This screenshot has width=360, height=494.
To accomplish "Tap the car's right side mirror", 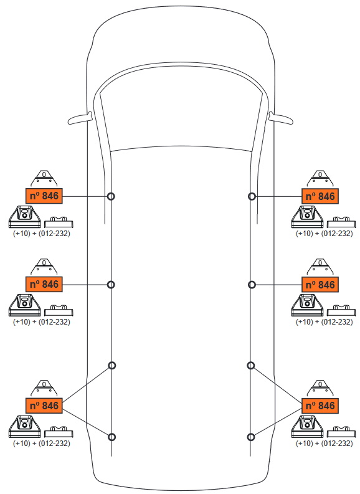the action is tap(281, 118).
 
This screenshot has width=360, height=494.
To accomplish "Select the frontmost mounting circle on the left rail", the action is tap(111, 196).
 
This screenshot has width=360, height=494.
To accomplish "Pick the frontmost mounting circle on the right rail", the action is tap(252, 196).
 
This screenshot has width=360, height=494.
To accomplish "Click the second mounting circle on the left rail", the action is tap(111, 285).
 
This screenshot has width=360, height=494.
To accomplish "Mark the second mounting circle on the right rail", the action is tap(252, 285).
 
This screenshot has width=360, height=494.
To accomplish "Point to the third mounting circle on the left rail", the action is tap(112, 365).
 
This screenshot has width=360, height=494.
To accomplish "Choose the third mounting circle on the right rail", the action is tap(251, 365).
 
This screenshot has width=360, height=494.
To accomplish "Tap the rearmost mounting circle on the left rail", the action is tap(112, 437).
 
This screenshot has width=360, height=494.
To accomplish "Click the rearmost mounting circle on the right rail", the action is tap(251, 437).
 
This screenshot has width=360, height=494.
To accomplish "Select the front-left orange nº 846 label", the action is tap(44, 196).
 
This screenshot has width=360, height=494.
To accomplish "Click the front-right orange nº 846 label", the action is tap(320, 196).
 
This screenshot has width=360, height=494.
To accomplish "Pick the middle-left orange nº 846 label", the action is tap(44, 284).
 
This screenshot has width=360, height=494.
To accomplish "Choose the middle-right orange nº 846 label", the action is tap(320, 285).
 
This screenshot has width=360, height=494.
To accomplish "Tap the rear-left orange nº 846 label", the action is tap(44, 406).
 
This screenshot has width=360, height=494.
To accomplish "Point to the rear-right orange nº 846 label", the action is tap(320, 406).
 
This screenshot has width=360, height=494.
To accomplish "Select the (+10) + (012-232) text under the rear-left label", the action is tap(41, 444).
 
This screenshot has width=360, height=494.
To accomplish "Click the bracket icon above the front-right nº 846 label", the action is tap(320, 179).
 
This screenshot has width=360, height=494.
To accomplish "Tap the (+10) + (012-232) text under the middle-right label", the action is tap(324, 322).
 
